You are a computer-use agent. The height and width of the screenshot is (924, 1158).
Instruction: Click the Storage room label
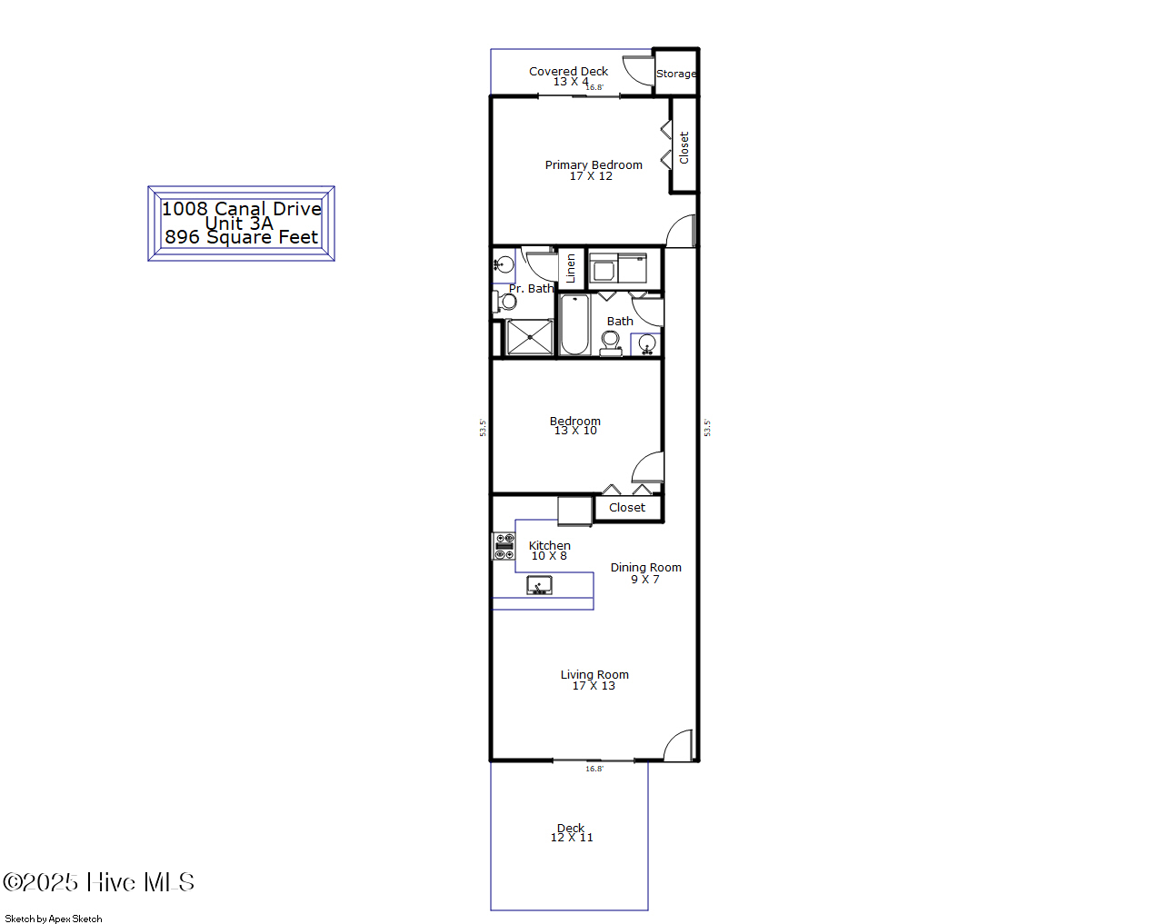click(676, 75)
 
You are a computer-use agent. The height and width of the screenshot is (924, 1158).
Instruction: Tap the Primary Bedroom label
click(594, 164)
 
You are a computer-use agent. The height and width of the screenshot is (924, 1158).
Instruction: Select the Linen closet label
click(571, 268)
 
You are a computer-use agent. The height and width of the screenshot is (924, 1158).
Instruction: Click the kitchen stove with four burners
click(504, 546)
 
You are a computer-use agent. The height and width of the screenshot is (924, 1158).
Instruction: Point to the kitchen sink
click(539, 586)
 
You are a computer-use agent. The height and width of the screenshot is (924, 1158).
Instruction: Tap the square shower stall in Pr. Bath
click(529, 338)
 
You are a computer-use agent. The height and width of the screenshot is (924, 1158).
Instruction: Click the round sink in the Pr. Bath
click(504, 265)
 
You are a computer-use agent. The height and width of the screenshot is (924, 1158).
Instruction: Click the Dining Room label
click(645, 568)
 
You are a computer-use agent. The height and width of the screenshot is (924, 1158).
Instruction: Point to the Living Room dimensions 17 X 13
click(594, 686)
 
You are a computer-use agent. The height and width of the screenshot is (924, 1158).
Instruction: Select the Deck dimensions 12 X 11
click(572, 838)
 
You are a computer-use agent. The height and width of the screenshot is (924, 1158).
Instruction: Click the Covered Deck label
click(568, 71)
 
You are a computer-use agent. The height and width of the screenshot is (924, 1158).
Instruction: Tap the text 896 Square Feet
click(242, 238)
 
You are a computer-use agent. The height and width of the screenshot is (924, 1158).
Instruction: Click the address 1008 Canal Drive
click(242, 209)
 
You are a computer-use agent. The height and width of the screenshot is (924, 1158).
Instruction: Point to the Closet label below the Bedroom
click(627, 508)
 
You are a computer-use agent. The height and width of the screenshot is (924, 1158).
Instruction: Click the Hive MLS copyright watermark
click(99, 882)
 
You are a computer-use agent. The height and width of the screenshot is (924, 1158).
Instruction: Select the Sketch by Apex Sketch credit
click(54, 919)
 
